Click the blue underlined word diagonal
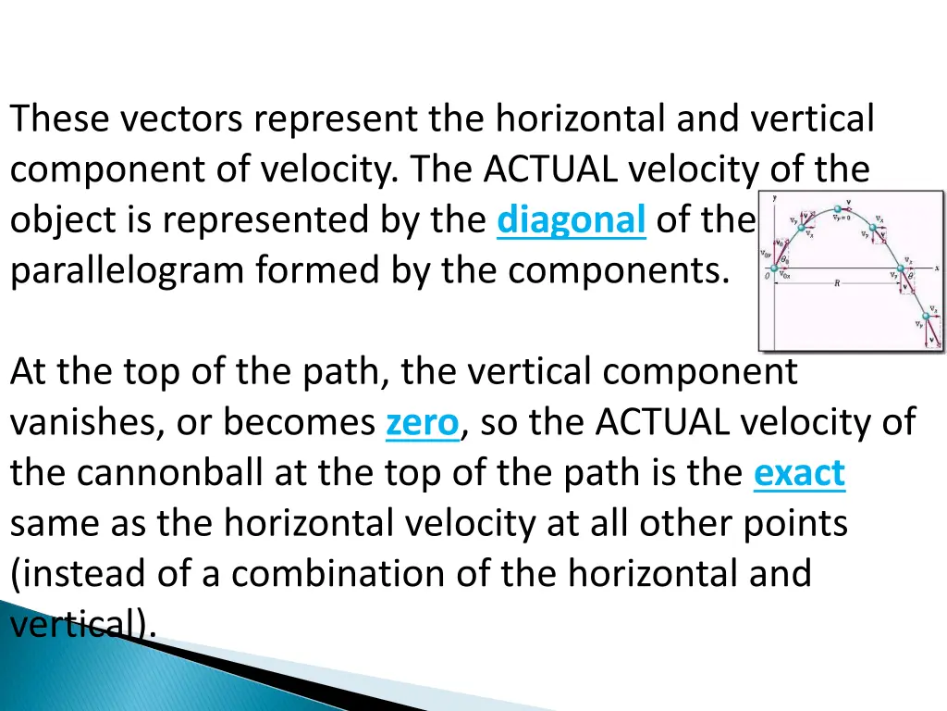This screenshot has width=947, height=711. [571, 220]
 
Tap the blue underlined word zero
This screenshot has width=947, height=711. [422, 423]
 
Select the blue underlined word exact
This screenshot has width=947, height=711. [799, 473]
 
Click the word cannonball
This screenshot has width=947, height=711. [173, 473]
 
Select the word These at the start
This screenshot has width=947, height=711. [60, 118]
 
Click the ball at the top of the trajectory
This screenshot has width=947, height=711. [837, 209]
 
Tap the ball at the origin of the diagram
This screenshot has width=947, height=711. [774, 271]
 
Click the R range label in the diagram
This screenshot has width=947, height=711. [836, 284]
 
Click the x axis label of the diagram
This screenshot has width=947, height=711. [937, 267]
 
